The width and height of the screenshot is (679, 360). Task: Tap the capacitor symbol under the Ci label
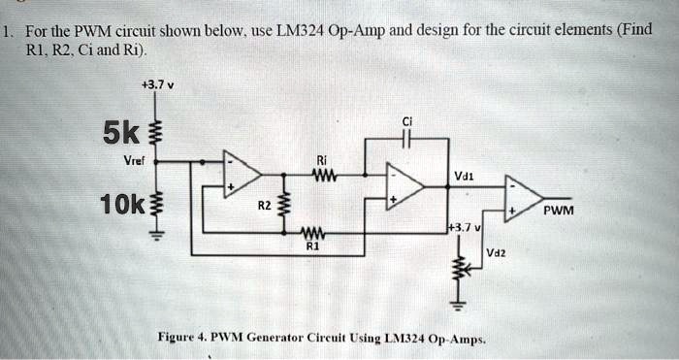(x=408, y=140)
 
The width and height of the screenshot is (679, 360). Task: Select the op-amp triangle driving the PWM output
(x=523, y=199)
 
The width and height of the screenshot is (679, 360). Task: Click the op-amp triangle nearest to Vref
(x=241, y=175)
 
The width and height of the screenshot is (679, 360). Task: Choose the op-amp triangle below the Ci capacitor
(x=404, y=187)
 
